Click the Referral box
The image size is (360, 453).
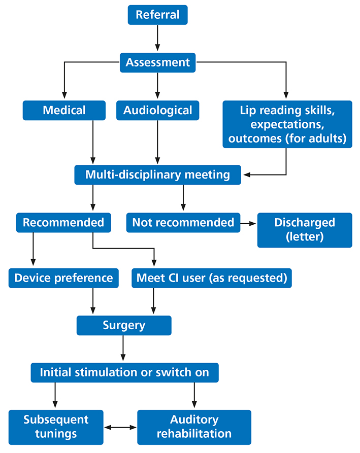pyautogui.click(x=157, y=15)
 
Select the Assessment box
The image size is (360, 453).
pyautogui.click(x=157, y=62)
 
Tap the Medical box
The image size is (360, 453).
pyautogui.click(x=64, y=110)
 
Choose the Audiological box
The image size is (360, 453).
pyautogui.click(x=157, y=110)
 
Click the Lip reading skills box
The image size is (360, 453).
pyautogui.click(x=287, y=124)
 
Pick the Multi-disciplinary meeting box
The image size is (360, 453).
pyautogui.click(x=157, y=175)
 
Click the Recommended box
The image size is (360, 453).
pyautogui.click(x=63, y=222)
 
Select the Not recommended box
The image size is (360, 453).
pyautogui.click(x=183, y=222)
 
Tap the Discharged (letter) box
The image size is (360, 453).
pyautogui.click(x=304, y=230)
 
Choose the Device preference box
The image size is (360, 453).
pyautogui.click(x=63, y=278)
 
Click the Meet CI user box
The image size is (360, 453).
pyautogui.click(x=211, y=278)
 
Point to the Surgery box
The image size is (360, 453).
pyautogui.click(x=124, y=325)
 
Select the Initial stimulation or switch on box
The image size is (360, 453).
pyautogui.click(x=124, y=372)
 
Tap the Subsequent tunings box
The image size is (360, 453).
pyautogui.click(x=56, y=427)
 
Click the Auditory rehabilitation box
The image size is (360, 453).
pyautogui.click(x=194, y=427)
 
